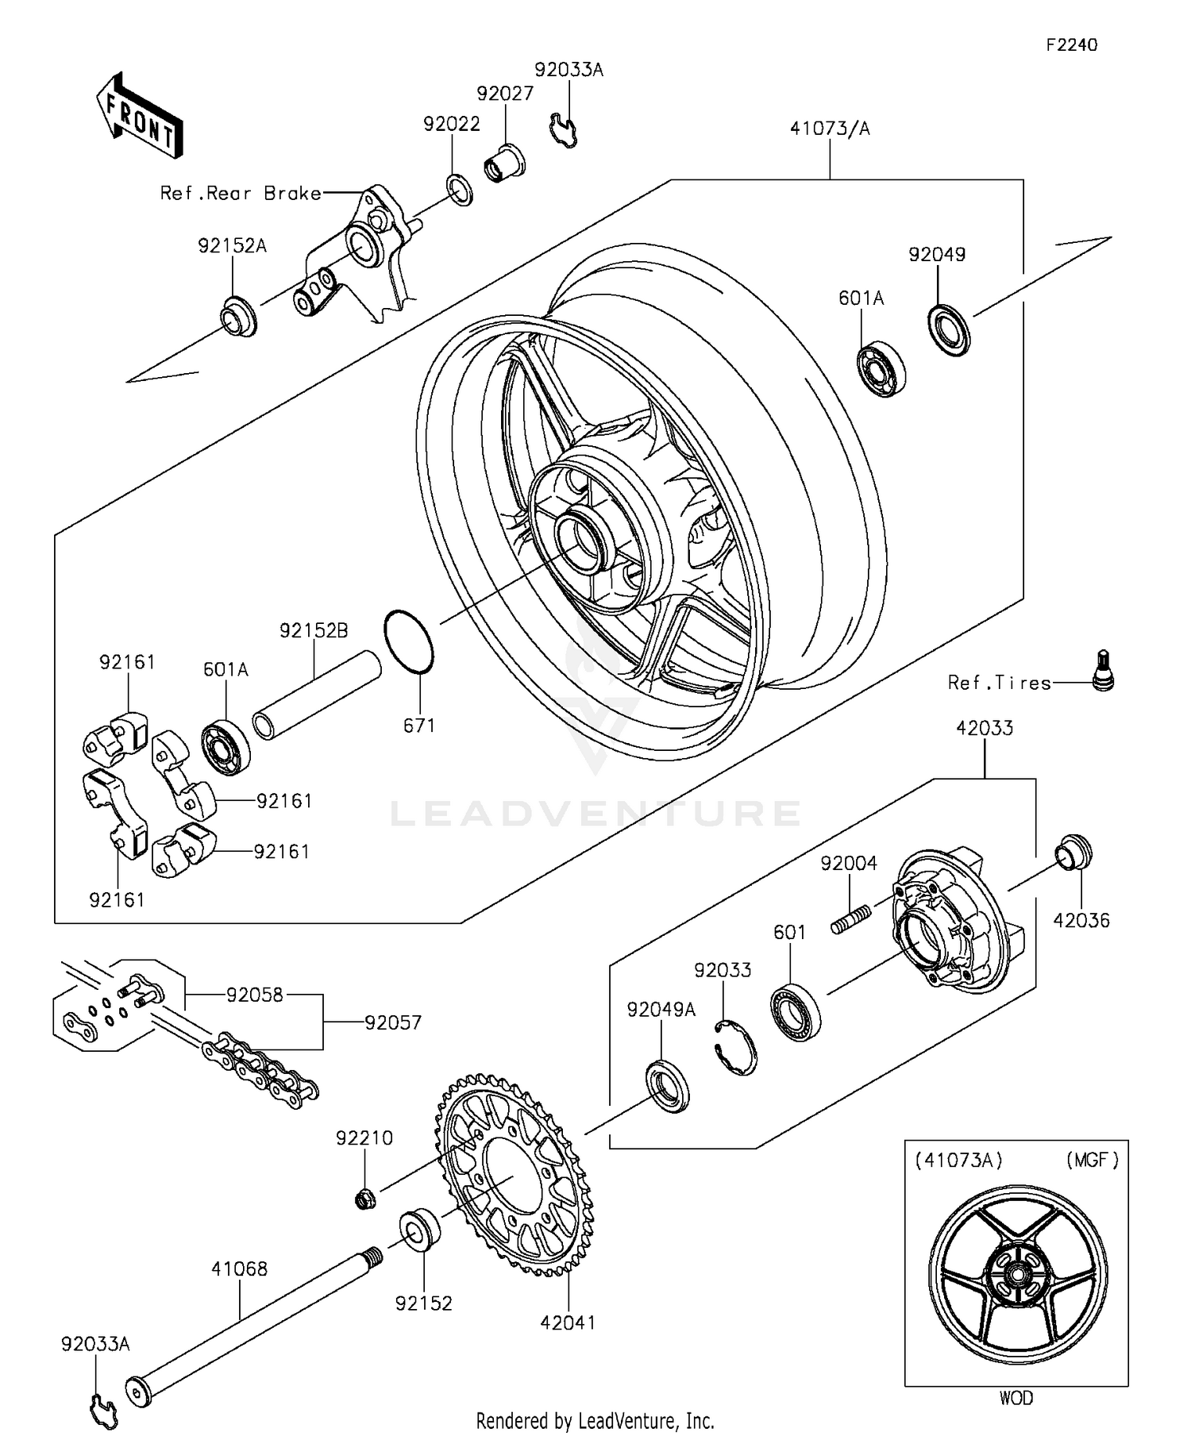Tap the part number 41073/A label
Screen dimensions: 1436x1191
point(830,129)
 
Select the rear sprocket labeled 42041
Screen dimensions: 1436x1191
point(514,1175)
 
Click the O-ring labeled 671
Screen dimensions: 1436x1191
point(409,641)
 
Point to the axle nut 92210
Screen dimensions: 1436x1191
point(365,1198)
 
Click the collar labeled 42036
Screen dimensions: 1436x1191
point(1073,853)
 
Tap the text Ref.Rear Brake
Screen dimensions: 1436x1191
point(241,193)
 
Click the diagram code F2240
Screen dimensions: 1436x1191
point(1071,45)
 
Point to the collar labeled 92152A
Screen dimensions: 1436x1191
point(238,315)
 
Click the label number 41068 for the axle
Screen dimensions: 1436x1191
point(239,1269)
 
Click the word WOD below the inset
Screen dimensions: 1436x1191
point(1016,1398)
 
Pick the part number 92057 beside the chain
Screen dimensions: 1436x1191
point(393,1022)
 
